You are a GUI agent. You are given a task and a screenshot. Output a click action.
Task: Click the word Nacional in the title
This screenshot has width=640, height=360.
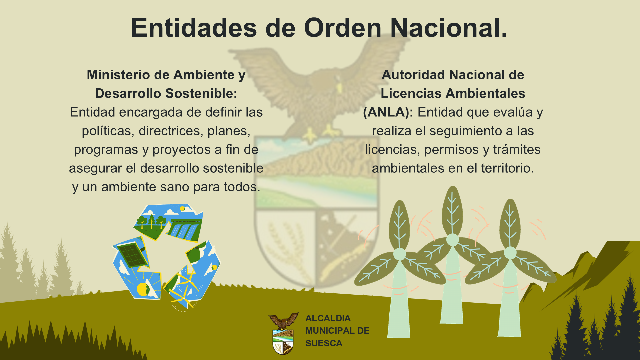point(449,28)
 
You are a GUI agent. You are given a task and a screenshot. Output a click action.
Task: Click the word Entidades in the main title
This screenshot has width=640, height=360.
point(194,28)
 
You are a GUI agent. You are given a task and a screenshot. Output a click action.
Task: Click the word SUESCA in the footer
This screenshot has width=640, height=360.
point(324,343)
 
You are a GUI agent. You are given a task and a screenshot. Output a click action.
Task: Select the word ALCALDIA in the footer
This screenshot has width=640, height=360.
point(328,318)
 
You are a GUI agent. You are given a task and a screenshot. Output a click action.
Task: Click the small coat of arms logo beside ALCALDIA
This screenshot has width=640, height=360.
point(283,333)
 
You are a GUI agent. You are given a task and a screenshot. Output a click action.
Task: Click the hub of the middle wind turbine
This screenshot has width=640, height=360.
point(452,240)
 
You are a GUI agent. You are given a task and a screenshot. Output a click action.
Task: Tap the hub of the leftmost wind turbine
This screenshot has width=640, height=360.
point(399,254)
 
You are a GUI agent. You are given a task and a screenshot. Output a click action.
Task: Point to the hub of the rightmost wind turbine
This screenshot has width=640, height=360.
point(510,253)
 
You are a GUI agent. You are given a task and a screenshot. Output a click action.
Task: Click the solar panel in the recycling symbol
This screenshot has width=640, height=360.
point(132,255)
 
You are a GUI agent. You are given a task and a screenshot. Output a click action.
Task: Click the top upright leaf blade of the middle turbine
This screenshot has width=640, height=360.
point(452,210)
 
